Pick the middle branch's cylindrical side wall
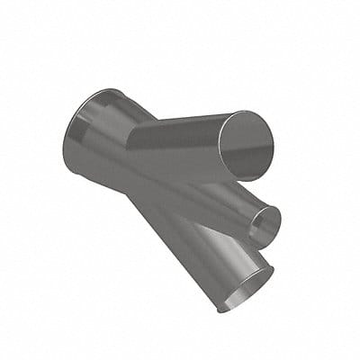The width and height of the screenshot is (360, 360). coord(216,202)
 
